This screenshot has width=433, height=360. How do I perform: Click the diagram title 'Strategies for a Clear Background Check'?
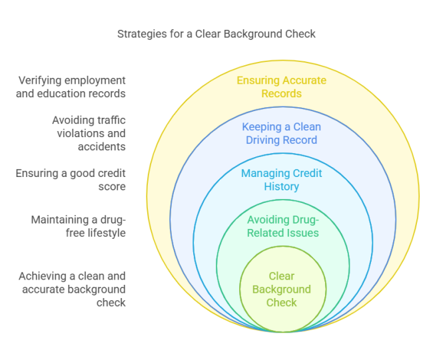point(217,33)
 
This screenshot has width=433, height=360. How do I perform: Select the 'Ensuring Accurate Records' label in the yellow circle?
point(281,87)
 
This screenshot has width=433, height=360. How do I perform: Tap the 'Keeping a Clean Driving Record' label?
point(281,134)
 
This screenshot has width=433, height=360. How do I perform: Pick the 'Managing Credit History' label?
point(281,180)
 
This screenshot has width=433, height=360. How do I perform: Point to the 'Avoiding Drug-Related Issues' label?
point(282,226)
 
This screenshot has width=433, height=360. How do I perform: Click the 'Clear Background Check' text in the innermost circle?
point(281,289)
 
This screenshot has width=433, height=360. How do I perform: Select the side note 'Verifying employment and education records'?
point(71,87)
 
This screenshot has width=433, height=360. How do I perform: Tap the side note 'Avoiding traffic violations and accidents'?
point(89,133)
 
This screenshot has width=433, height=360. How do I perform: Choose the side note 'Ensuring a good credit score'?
point(71,180)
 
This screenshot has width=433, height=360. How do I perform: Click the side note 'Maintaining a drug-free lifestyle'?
point(78,226)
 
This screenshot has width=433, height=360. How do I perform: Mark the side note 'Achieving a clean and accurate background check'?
point(71,289)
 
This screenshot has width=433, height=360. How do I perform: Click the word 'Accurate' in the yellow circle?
point(304,81)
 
